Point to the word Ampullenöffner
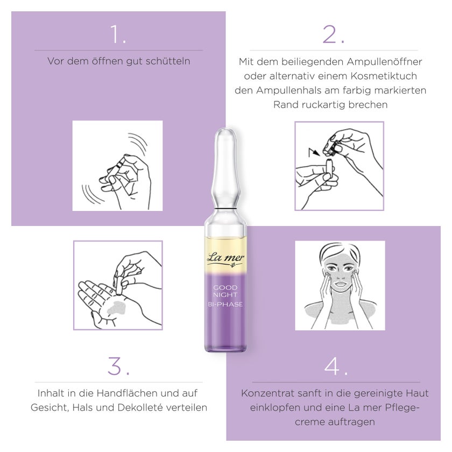tap(384, 62)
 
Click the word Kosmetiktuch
tap(384, 76)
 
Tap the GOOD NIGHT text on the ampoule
tap(225, 291)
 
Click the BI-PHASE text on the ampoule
tap(225, 304)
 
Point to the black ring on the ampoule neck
tap(225, 208)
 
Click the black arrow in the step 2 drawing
tap(314, 152)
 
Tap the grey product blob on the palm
tap(116, 307)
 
